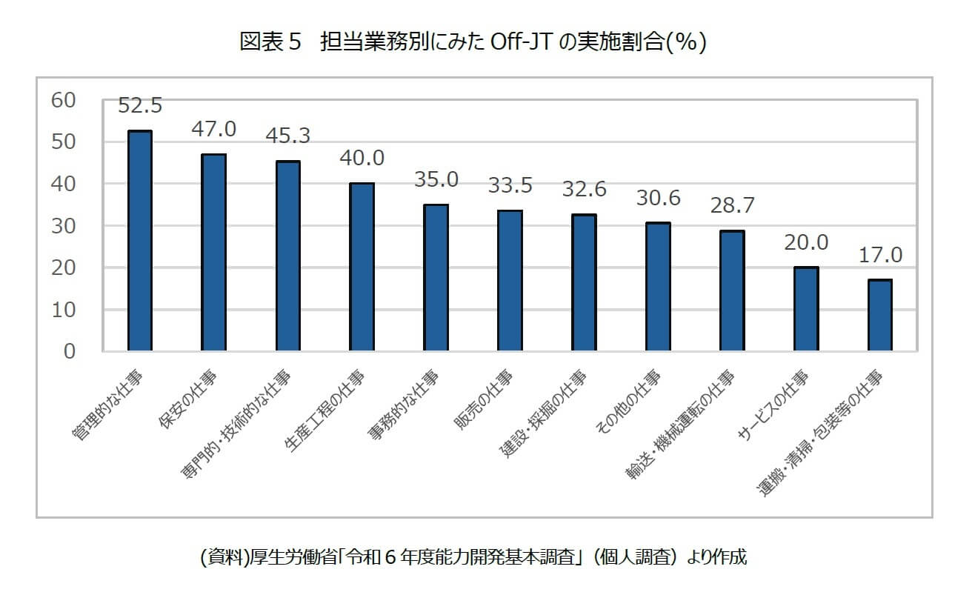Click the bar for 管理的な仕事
pyautogui.click(x=140, y=241)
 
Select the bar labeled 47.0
pyautogui.click(x=213, y=252)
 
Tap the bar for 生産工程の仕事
pyautogui.click(x=362, y=267)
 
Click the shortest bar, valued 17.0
pyautogui.click(x=879, y=315)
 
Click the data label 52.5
pyautogui.click(x=140, y=106)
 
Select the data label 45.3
pyautogui.click(x=287, y=136)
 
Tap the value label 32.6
pyautogui.click(x=584, y=189)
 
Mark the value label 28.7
pyautogui.click(x=732, y=205)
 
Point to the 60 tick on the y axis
pyautogui.click(x=64, y=100)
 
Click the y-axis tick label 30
pyautogui.click(x=64, y=226)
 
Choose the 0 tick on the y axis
pyautogui.click(x=70, y=351)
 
